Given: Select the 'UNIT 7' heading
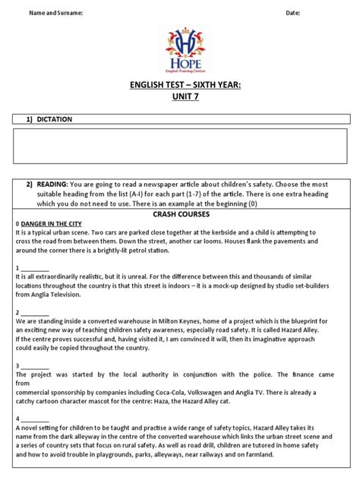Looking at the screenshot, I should (180, 98).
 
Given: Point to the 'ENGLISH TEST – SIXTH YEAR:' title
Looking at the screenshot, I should (180, 85).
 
